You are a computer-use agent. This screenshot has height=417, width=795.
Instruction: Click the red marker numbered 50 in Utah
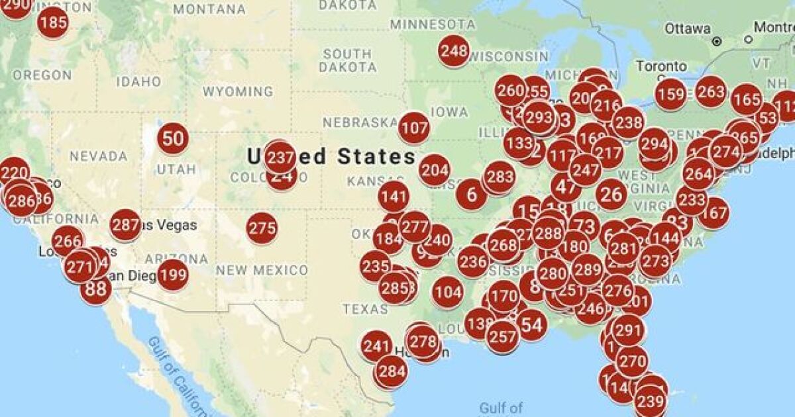pyautogui.click(x=173, y=139)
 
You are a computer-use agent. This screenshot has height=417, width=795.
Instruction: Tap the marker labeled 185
pyautogui.click(x=53, y=24)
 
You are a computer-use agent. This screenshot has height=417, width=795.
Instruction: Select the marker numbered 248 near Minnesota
pyautogui.click(x=454, y=51)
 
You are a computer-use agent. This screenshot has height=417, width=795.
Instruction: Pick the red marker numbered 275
pyautogui.click(x=262, y=229)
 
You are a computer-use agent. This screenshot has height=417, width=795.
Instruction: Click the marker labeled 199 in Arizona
pyautogui.click(x=172, y=275)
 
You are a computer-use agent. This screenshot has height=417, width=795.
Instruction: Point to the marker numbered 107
pyautogui.click(x=414, y=128)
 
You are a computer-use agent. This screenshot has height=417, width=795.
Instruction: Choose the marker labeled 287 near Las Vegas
pyautogui.click(x=125, y=225)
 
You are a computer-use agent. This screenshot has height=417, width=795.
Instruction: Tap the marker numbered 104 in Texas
pyautogui.click(x=448, y=292)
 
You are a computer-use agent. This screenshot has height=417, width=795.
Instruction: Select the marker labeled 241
pyautogui.click(x=376, y=346)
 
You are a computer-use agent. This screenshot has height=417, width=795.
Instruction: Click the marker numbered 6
pyautogui.click(x=472, y=195)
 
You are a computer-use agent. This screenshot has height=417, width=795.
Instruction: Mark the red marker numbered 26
pyautogui.click(x=611, y=194)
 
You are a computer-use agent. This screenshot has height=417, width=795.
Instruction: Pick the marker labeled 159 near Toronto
pyautogui.click(x=670, y=94)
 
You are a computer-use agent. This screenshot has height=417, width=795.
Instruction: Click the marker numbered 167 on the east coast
pyautogui.click(x=713, y=213)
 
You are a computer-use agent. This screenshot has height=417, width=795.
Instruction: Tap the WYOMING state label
pyautogui.click(x=237, y=91)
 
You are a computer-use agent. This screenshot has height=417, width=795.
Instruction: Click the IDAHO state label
pyautogui.click(x=138, y=81)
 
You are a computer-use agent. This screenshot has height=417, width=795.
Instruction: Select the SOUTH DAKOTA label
pyautogui.click(x=347, y=60)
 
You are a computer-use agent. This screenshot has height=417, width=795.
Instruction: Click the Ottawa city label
pyautogui.click(x=688, y=28)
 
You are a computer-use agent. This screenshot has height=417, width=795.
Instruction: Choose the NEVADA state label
pyautogui.click(x=98, y=156)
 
